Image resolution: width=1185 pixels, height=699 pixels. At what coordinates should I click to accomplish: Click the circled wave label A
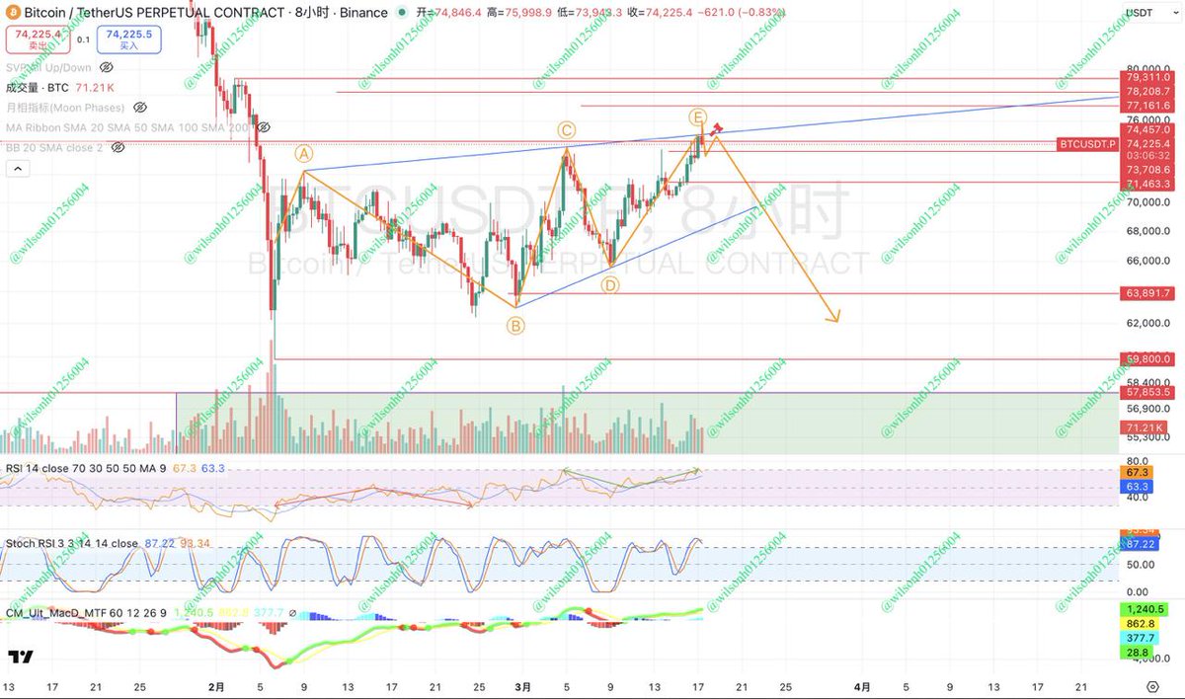(303, 154)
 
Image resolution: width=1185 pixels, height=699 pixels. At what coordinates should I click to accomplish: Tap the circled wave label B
(515, 325)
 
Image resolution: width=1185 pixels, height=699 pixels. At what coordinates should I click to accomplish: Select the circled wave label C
(566, 130)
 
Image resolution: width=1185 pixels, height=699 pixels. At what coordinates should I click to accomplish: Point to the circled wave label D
(610, 285)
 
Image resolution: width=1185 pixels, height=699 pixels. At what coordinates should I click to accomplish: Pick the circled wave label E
(697, 117)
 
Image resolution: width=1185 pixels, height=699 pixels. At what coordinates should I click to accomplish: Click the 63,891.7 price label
(1146, 293)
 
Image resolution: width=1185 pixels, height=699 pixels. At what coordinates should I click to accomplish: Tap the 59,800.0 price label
(1146, 359)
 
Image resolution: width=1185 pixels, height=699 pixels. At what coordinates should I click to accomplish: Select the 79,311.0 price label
(1146, 77)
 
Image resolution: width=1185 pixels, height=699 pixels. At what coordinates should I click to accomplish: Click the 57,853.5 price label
(1146, 393)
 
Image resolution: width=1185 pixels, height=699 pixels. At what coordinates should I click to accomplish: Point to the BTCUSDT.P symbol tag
(1087, 144)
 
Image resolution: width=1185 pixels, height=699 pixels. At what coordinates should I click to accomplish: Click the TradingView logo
(20, 657)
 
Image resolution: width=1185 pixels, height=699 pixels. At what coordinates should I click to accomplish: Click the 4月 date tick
(862, 685)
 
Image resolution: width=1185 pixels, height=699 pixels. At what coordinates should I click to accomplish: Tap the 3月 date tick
(525, 685)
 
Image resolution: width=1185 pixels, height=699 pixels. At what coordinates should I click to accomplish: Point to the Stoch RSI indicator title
(72, 543)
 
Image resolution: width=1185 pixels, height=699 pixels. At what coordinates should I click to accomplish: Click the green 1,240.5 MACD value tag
(1145, 609)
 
